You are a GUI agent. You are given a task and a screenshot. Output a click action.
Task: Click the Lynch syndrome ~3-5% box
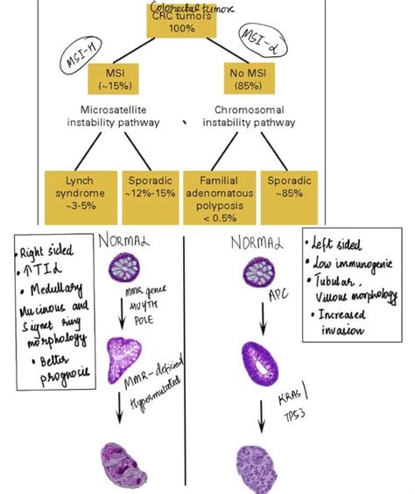(74, 192)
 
